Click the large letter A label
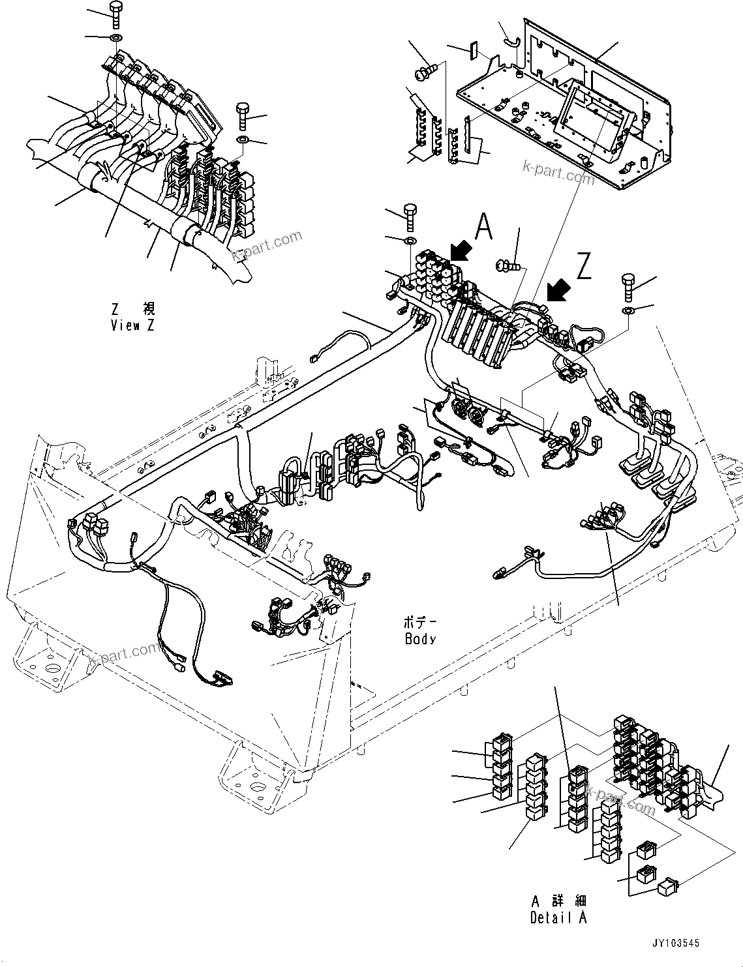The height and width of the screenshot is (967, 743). pos(483,226)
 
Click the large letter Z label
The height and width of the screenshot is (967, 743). pos(584,267)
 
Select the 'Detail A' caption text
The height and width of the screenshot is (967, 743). pos(558,918)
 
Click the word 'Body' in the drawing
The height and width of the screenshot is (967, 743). pos(420,640)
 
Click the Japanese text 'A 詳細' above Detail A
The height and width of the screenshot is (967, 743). pos(558,902)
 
